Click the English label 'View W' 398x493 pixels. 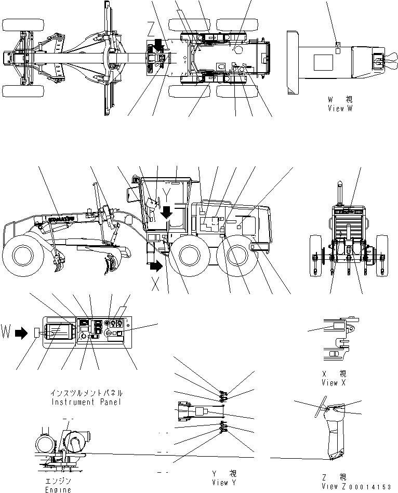click(x=340, y=109)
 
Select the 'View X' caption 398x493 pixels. click(x=337, y=382)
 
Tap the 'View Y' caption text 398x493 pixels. click(x=220, y=483)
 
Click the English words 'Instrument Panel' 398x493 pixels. click(x=87, y=402)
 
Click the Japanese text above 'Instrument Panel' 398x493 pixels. click(x=87, y=393)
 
